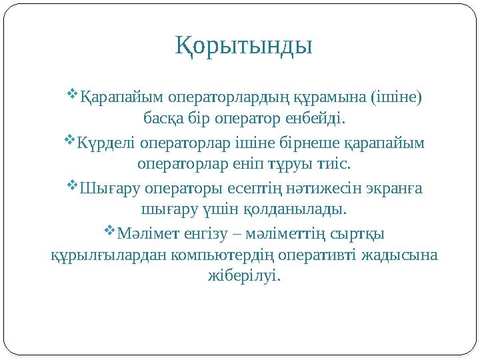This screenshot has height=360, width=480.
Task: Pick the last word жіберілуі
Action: (x=243, y=276)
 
